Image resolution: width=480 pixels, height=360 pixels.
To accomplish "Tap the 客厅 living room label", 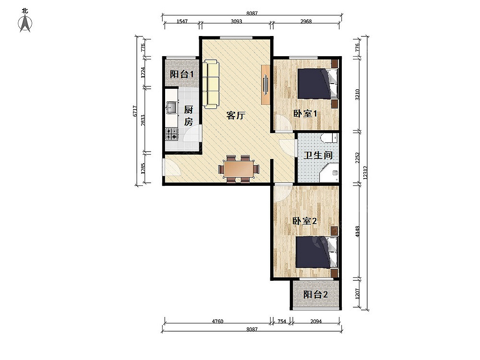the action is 236,115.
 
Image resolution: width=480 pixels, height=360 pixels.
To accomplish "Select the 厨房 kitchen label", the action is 189,116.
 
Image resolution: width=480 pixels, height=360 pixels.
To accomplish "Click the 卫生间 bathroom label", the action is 318,155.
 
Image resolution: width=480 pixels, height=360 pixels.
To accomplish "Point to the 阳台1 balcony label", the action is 182,74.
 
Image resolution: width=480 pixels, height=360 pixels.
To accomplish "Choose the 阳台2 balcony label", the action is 316,295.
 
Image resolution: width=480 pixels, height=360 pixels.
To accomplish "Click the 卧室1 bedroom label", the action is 305,114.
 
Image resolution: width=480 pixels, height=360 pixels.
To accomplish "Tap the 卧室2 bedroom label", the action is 305,221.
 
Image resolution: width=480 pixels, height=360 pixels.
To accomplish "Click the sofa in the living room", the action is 211,84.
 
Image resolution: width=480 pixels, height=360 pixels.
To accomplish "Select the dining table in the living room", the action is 239,169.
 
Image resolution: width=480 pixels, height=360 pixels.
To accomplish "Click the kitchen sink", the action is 171,108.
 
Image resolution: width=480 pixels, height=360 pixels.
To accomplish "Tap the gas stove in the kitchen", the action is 171,134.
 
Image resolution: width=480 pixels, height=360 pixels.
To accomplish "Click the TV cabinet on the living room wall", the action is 265,84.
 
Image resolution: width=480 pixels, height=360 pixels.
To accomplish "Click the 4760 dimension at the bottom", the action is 217,322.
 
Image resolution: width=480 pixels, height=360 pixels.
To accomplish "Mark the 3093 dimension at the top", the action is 236,22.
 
